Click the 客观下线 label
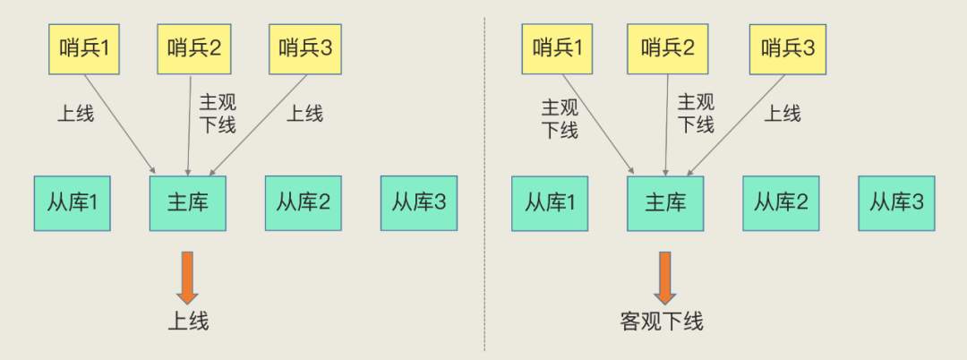pos(662,321)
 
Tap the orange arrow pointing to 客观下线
pos(664,278)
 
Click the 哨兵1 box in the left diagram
pos(84,49)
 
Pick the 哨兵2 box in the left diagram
pos(193,49)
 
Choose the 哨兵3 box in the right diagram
pos(788,49)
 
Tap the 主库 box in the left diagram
pos(187,203)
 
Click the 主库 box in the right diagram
pos(665,203)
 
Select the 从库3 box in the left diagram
pos(419,203)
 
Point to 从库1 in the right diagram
pos(550,203)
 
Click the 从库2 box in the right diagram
pos(781,203)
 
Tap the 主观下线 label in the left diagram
pos(218,114)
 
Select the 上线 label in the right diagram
pos(782,114)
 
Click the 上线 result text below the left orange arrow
pos(188,321)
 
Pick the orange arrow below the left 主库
pos(187,278)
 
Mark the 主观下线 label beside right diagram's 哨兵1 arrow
pos(560,118)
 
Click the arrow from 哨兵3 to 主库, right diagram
pos(735,125)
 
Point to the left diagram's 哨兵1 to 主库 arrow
pos(120,124)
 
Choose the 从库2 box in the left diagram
pos(304,203)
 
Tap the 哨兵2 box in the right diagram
pos(668,49)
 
